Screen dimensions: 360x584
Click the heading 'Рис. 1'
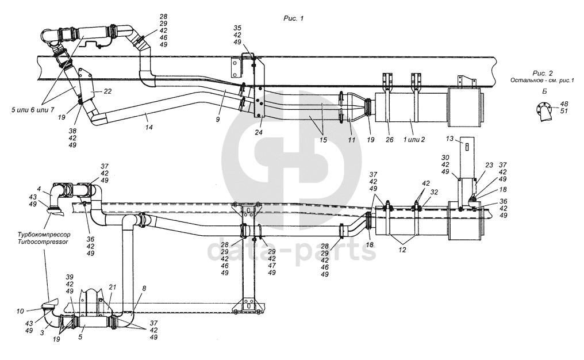tap(293, 18)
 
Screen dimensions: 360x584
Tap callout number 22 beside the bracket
tap(107, 91)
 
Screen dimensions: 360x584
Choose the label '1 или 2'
tap(415, 139)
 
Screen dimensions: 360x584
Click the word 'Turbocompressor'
tap(41, 242)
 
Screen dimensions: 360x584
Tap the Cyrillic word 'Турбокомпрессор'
tap(41, 235)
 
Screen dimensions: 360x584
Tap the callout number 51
tap(564, 112)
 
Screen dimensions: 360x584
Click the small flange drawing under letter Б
tap(544, 111)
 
